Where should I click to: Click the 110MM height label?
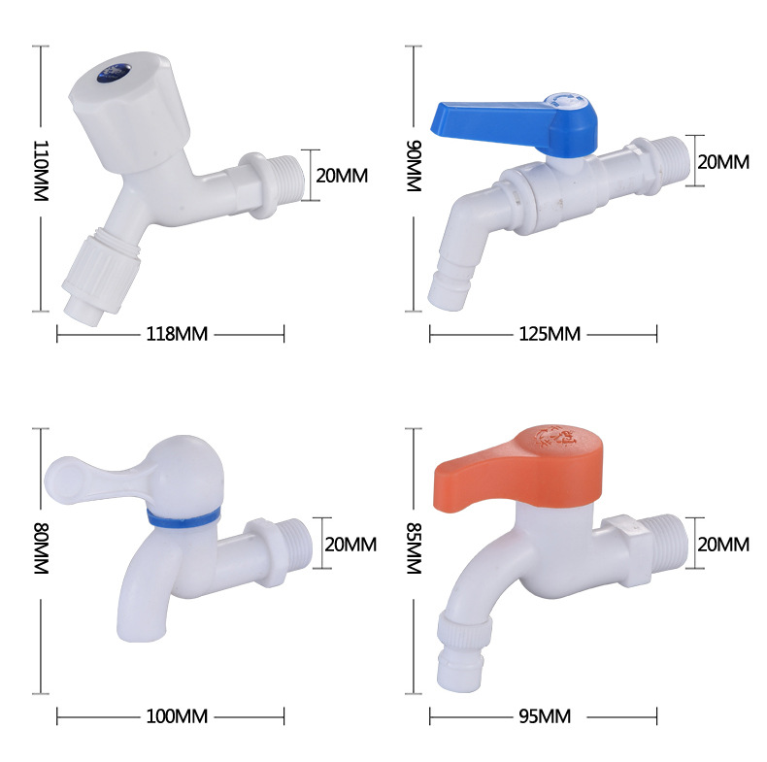[x=41, y=171]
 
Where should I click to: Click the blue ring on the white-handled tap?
[x=183, y=516]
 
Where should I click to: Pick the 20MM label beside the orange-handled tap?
[x=722, y=545]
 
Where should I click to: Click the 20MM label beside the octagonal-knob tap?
[x=342, y=176]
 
